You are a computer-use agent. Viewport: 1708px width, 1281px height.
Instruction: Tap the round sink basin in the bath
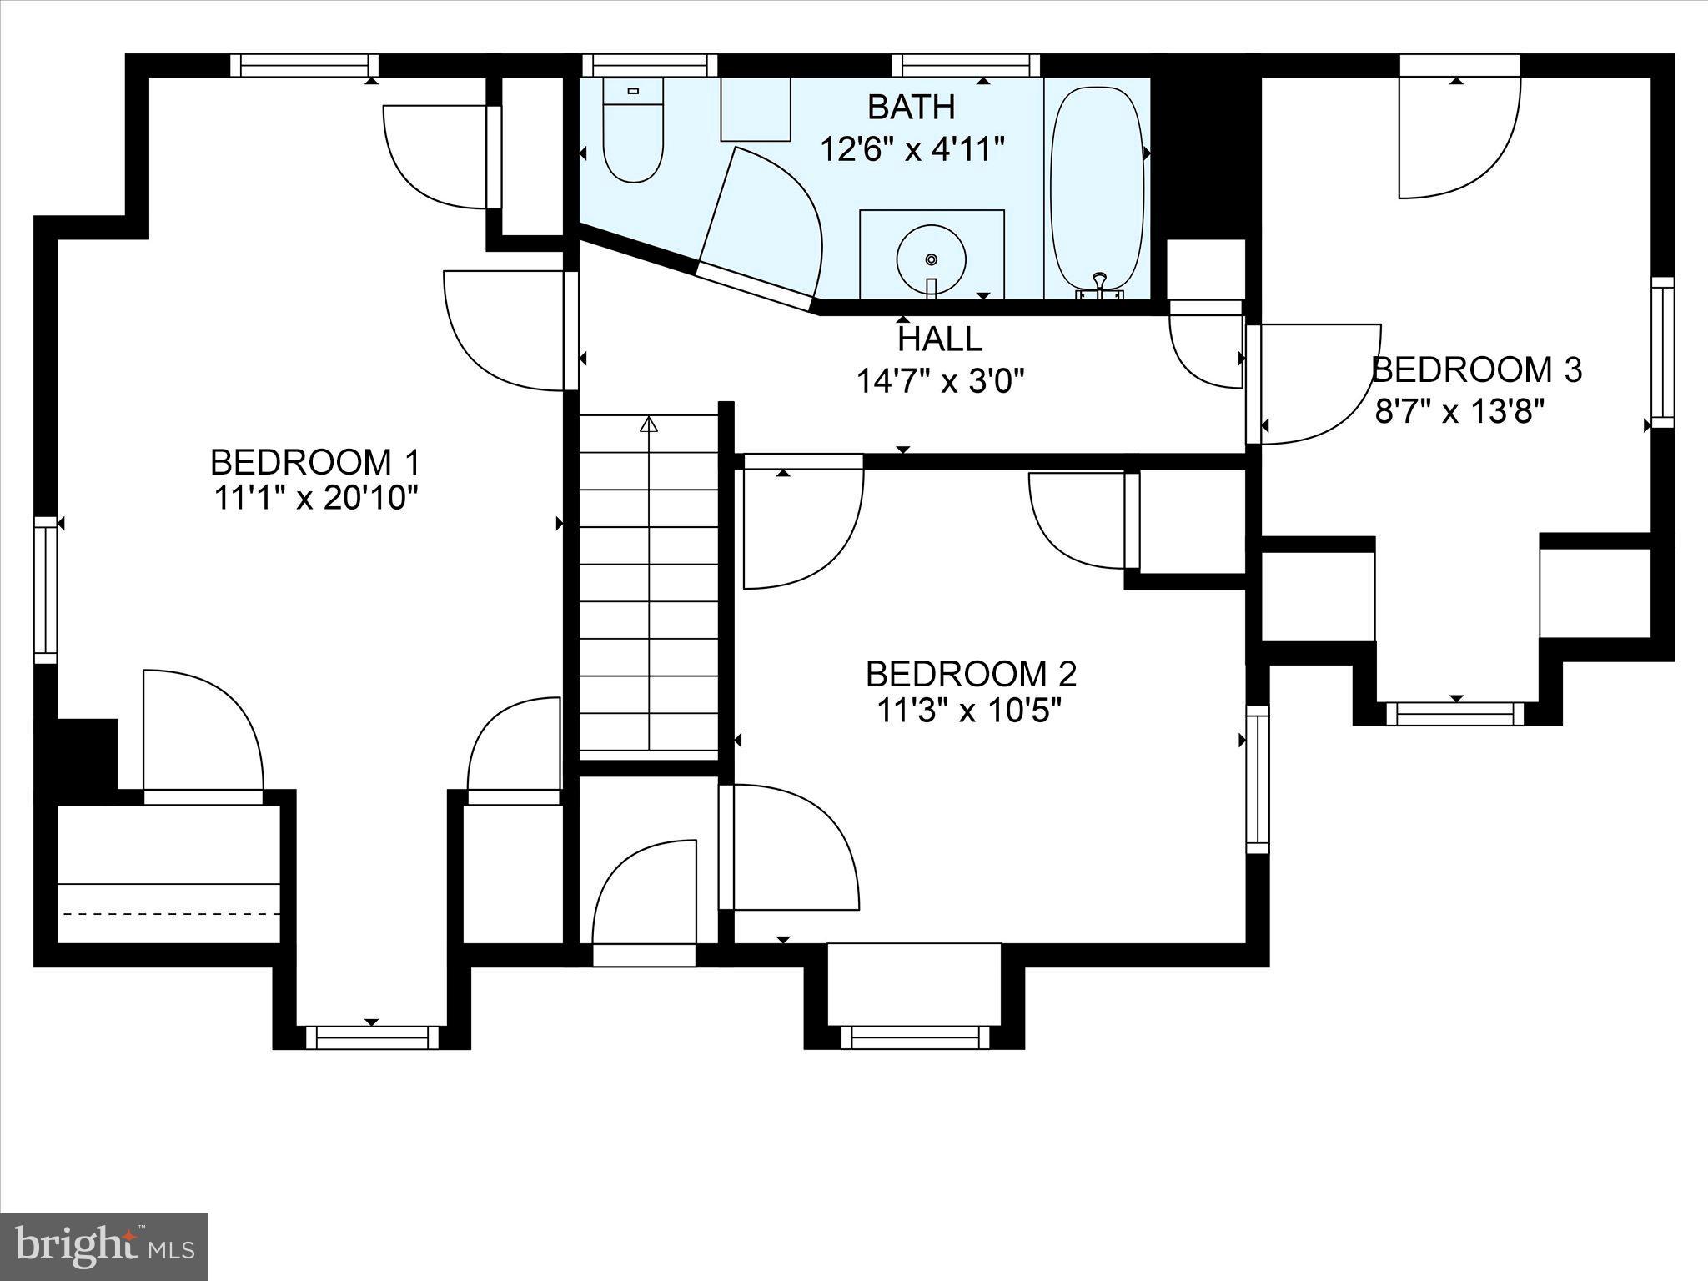[x=932, y=259]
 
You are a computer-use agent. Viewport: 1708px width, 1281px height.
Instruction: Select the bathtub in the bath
[x=1096, y=190]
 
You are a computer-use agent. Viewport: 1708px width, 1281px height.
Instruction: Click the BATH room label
[x=911, y=107]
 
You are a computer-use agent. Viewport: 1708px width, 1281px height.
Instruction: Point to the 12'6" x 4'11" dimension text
[x=912, y=150]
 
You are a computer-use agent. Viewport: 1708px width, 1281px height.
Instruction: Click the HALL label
[x=940, y=339]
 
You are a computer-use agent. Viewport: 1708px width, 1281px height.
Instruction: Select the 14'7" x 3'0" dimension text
[x=940, y=381]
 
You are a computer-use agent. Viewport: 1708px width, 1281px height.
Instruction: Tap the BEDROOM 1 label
[x=315, y=461]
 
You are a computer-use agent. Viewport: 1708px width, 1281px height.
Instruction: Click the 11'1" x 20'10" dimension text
[x=315, y=498]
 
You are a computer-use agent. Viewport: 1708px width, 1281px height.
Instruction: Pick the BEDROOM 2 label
[x=972, y=673]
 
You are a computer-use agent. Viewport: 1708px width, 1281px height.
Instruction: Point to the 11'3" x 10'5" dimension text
[x=969, y=711]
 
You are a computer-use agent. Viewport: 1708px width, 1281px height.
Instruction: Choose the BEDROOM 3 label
[x=1477, y=369]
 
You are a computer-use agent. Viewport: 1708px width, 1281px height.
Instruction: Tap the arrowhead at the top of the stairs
[x=648, y=424]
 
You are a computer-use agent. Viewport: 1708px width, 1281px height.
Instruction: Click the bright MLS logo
[x=103, y=1247]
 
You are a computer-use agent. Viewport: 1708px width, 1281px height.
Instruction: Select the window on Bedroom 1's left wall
[x=46, y=590]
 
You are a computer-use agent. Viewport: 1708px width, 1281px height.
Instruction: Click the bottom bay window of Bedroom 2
[x=915, y=1037]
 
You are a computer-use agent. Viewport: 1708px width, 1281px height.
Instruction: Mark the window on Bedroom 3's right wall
[x=1662, y=353]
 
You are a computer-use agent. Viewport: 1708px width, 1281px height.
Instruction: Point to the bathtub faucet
[x=1100, y=285]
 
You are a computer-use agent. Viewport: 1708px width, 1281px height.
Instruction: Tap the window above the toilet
[x=650, y=65]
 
